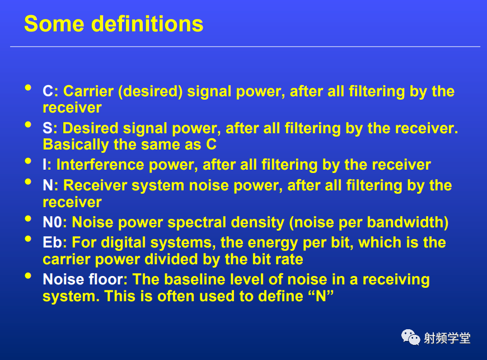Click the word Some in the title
(54, 24)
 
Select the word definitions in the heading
(147, 24)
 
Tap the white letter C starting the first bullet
(48, 91)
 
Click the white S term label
(48, 128)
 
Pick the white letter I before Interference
(45, 165)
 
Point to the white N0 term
(53, 222)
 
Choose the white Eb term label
(53, 242)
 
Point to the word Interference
(100, 165)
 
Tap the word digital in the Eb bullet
(123, 243)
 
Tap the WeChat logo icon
(411, 338)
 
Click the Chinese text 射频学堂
(447, 338)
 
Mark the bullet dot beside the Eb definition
(28, 239)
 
